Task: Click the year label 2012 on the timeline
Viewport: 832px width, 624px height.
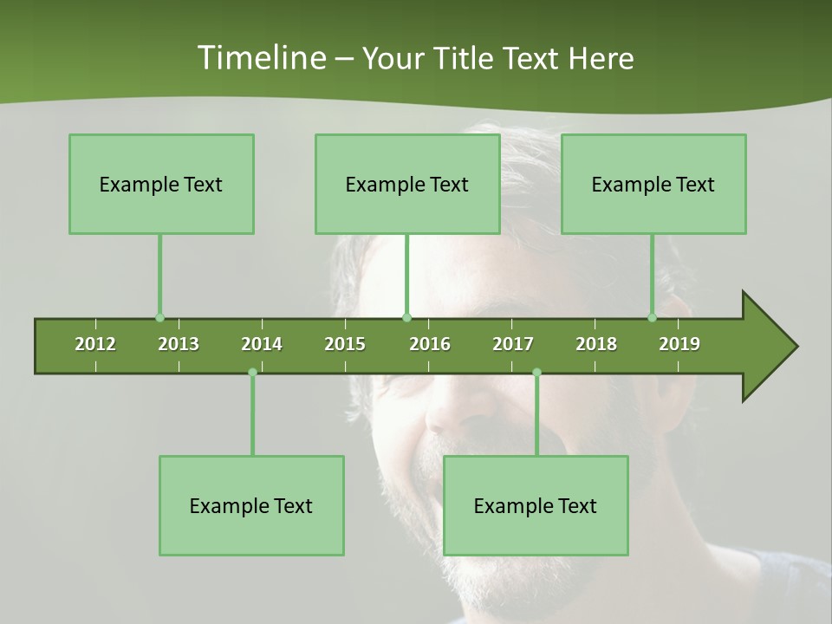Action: (95, 344)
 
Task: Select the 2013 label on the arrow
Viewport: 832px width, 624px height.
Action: (179, 344)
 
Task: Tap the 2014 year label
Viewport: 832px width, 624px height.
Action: (262, 344)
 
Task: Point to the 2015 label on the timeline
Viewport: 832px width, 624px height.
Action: (345, 344)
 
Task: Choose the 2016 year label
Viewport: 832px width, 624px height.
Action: (430, 344)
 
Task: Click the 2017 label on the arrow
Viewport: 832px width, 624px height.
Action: (513, 344)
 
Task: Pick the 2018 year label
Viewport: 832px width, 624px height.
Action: (596, 344)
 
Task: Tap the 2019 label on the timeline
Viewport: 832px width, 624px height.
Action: (679, 344)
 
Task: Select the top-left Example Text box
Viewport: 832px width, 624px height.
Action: (161, 184)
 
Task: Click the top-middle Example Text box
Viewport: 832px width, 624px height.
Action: (407, 184)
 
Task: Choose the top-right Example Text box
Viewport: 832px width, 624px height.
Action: (653, 184)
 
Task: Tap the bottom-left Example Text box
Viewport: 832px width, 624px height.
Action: (251, 505)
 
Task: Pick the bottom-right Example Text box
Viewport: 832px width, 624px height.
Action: (536, 505)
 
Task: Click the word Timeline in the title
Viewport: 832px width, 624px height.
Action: (260, 58)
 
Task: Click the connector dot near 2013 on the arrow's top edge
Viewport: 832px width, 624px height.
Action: (159, 318)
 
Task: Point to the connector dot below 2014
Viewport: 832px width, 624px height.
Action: (252, 373)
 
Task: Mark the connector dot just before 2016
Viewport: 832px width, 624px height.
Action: (406, 318)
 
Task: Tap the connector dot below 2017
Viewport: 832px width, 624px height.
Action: (536, 373)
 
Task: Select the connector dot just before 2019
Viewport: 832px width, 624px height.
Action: (652, 318)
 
